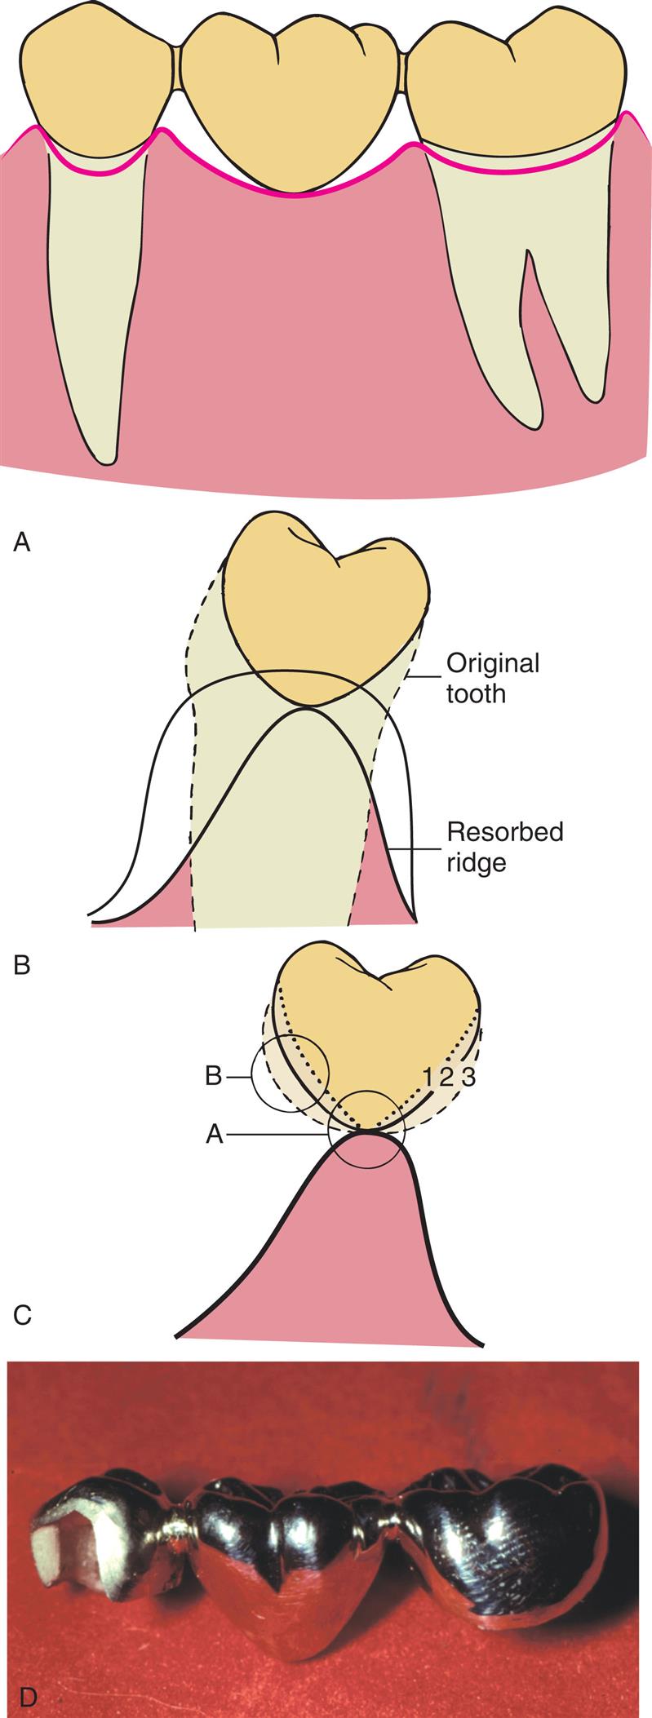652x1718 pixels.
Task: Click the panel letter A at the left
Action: (22, 541)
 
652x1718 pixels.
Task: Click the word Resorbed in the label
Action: (504, 832)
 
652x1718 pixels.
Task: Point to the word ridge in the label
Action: (477, 862)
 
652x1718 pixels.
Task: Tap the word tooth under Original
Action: (476, 693)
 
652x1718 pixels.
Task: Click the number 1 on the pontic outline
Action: (429, 1076)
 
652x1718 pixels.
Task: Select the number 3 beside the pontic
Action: (468, 1076)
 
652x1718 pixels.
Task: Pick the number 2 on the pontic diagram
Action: (447, 1076)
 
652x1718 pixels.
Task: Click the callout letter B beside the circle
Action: (214, 1076)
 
